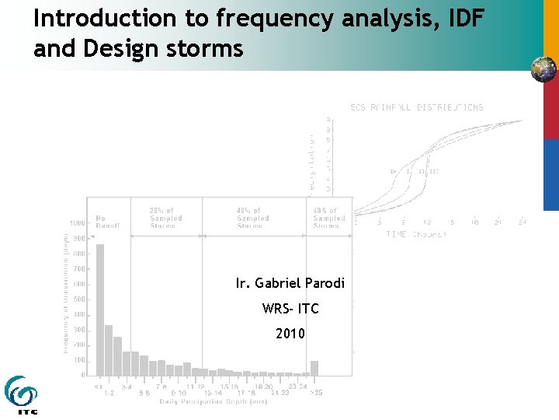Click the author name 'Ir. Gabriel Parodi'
click(x=290, y=283)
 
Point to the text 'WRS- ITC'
click(x=290, y=309)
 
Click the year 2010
click(x=290, y=334)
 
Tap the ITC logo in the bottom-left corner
click(x=21, y=394)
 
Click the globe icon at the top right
click(x=543, y=69)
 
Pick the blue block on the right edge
click(x=550, y=174)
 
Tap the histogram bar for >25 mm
click(x=314, y=367)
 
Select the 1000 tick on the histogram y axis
click(x=78, y=223)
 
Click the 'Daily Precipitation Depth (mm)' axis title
click(x=204, y=401)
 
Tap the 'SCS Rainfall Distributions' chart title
click(x=417, y=107)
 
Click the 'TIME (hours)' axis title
click(x=416, y=234)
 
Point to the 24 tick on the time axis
click(x=522, y=222)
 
